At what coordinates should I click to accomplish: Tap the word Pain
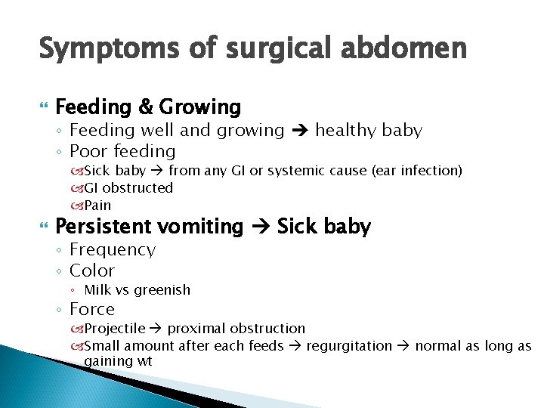pyautogui.click(x=97, y=205)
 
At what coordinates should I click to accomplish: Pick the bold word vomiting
pyautogui.click(x=202, y=227)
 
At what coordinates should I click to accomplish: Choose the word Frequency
pyautogui.click(x=113, y=249)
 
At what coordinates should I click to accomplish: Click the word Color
pyautogui.click(x=92, y=270)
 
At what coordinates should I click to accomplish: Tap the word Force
pyautogui.click(x=92, y=309)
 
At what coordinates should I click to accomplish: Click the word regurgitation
pyautogui.click(x=349, y=346)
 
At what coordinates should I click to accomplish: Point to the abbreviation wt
pyautogui.click(x=144, y=362)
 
